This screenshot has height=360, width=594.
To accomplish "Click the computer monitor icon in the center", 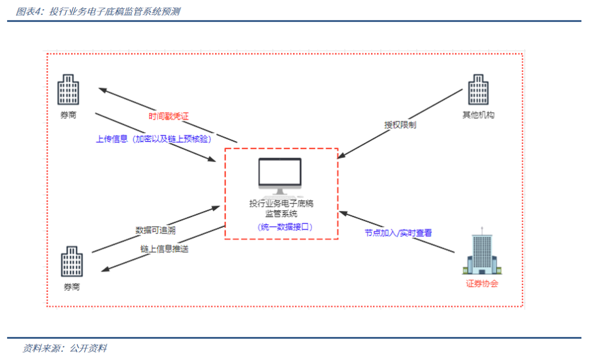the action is coord(280,176).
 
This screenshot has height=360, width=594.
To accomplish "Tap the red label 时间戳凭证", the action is coord(169,116).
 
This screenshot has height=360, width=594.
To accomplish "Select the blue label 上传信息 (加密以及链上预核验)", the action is coord(153,139).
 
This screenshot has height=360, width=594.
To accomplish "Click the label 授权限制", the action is coord(400,124).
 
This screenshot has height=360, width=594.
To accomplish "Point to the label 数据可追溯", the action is coord(155,230).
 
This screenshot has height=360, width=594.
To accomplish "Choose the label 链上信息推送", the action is coord(164,249).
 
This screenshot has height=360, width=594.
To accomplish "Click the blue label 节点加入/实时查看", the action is coord(398,233).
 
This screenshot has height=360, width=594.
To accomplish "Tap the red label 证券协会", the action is coord(482,283).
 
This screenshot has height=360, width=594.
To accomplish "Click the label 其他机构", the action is coord(479,115).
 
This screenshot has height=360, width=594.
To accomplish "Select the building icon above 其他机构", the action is coord(479,89).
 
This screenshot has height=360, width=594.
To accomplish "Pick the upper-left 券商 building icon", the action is coord(68,89).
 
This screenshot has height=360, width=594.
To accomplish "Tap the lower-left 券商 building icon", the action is coord(72,261).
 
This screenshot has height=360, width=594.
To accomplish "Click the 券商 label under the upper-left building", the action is coord(68,115).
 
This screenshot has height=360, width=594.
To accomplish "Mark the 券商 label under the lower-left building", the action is coord(71,287).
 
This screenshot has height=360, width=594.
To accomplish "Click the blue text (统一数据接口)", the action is coord(285,227).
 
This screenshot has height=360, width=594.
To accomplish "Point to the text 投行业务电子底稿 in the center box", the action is coord(282,204).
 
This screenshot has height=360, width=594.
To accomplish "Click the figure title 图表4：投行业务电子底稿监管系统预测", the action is coord(98,12).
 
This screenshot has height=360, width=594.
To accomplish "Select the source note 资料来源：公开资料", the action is coord(65,348).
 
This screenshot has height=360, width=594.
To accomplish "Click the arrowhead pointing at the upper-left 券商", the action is coord(103,90).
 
